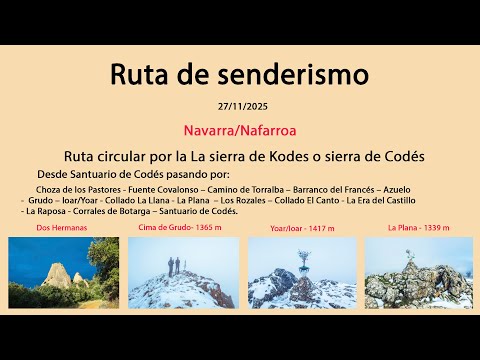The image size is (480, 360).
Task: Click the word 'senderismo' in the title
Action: pos(295,76)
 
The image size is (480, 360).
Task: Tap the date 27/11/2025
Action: pos(239,106)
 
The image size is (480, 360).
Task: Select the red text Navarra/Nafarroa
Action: pos(239,130)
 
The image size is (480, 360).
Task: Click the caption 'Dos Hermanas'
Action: pos(62,229)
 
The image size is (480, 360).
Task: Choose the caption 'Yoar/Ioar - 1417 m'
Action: pos(303,229)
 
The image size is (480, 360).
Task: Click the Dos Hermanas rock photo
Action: pos(63,272)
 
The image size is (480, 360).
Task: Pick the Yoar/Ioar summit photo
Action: pos(302,272)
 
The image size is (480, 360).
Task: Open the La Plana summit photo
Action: pos(418,272)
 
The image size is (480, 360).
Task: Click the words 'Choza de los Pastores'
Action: pos(78,188)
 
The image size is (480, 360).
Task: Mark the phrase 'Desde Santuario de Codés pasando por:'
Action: pos(131,174)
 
